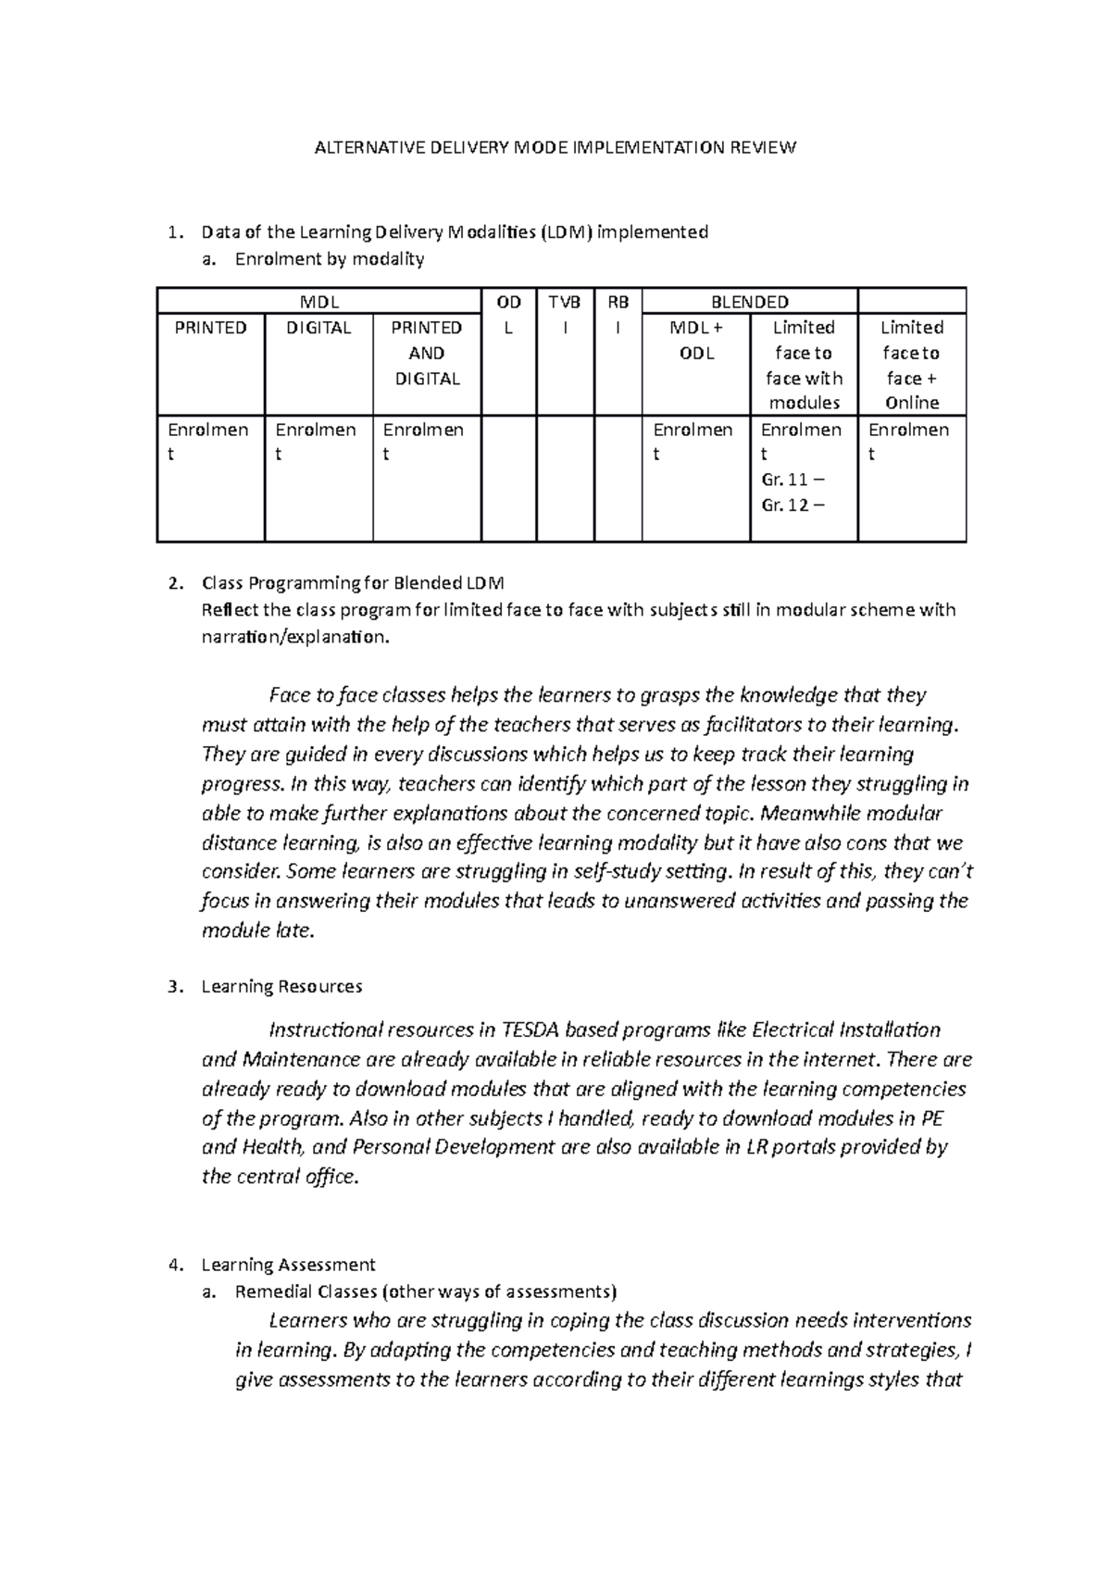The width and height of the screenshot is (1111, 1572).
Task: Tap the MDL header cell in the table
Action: coord(318,302)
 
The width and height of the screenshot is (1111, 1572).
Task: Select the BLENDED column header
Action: coord(749,302)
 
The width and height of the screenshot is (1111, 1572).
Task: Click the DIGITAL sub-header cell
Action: coord(318,328)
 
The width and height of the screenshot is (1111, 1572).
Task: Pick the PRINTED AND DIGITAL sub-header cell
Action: coord(426,353)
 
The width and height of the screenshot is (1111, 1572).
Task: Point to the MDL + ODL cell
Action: coord(695,340)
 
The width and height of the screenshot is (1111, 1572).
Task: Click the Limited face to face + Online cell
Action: coord(911,365)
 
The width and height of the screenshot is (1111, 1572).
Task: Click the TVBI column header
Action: coord(564,315)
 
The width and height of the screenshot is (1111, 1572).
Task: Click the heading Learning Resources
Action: coord(281,987)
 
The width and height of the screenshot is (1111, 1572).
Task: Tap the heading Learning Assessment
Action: coord(288,1265)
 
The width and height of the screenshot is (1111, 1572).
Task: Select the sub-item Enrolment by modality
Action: coord(329,259)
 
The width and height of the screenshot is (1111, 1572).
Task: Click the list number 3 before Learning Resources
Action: coord(173,987)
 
